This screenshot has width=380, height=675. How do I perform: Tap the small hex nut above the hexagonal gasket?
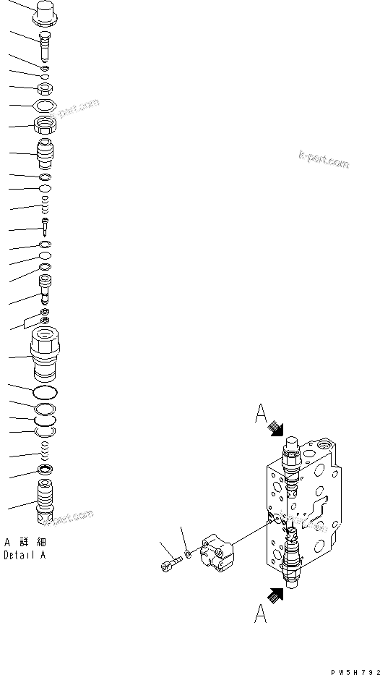(45, 90)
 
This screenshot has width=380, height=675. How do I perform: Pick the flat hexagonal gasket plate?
(45, 108)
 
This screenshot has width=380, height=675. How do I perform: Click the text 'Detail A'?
(25, 555)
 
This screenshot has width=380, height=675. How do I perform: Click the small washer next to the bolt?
(187, 554)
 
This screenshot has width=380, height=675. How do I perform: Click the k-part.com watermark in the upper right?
(323, 160)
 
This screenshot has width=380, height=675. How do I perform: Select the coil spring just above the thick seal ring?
(45, 454)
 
